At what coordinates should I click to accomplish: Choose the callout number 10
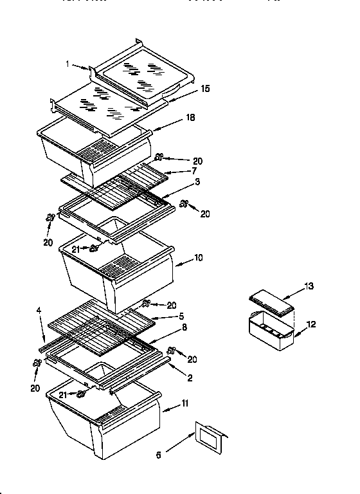[198, 258]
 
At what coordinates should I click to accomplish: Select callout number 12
[311, 324]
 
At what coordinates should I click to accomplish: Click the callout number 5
[182, 316]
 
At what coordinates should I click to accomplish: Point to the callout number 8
[184, 327]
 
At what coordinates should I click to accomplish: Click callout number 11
[186, 403]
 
